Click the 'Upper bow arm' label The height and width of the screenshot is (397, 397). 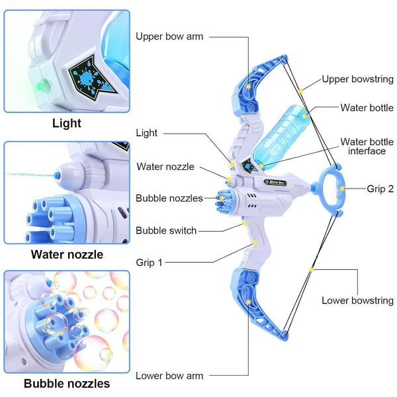169,36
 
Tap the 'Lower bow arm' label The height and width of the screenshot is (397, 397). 169,376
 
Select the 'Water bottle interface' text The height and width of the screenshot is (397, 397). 367,146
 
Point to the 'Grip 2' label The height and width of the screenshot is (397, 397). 380,189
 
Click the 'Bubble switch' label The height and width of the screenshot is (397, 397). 166,230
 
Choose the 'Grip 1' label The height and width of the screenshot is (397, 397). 149,262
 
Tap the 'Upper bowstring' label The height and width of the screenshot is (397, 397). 358,79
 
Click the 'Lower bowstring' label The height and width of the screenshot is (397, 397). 358,300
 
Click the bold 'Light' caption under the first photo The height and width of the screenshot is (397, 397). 67,123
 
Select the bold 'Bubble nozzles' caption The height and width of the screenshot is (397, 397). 67,383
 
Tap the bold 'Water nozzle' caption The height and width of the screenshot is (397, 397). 67,255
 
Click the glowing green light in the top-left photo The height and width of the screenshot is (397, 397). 40,86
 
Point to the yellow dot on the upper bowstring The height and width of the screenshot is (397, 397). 301,91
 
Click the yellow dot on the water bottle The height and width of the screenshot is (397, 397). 304,116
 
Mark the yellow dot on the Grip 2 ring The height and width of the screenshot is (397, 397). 342,189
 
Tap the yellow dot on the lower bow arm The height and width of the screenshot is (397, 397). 249,302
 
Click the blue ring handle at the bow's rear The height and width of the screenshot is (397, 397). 320,189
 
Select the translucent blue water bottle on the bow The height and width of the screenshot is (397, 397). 281,137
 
